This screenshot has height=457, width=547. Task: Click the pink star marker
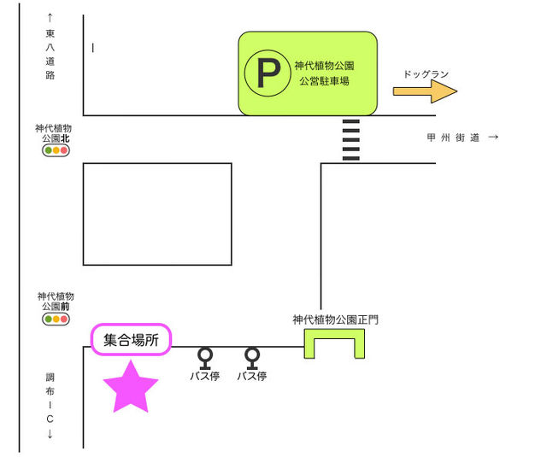131,386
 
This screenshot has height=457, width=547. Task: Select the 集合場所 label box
131,339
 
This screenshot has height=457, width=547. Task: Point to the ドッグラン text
426,74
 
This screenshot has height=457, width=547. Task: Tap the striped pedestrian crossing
350,139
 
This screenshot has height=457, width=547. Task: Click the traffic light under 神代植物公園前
56,319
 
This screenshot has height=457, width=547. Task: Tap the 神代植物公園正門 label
335,320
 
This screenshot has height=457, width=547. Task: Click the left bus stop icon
205,355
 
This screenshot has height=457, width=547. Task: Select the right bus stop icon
252,355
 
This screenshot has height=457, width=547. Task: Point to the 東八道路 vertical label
50,51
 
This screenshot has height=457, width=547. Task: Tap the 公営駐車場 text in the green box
324,82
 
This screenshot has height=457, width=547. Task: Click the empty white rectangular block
157,214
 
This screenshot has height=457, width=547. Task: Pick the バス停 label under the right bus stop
252,376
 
